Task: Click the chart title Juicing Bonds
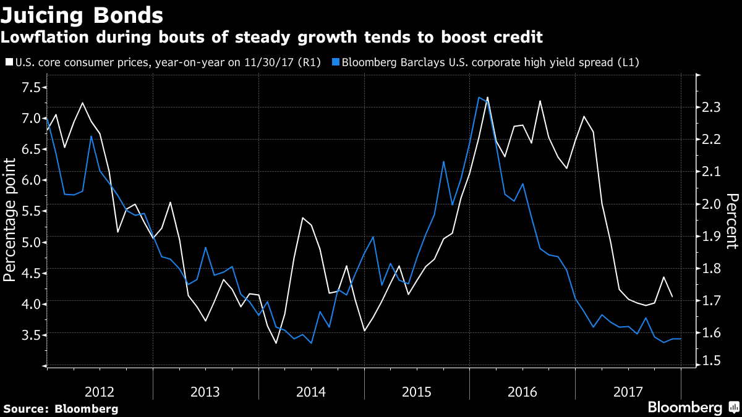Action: (x=82, y=14)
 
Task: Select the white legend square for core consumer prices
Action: (x=8, y=62)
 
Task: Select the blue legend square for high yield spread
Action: (x=335, y=62)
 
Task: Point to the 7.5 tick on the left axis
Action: (x=29, y=87)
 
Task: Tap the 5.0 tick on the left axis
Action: (x=29, y=242)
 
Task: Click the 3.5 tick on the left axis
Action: (x=29, y=334)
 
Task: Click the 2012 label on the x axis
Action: (x=100, y=391)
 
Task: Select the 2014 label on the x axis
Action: (x=311, y=391)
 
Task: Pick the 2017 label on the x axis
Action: (x=628, y=391)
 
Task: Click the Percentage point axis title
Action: (x=10, y=220)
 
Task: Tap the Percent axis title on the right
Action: (x=731, y=221)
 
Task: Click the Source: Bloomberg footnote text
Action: (x=61, y=408)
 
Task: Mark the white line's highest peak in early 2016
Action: (x=488, y=97)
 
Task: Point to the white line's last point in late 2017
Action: (x=672, y=297)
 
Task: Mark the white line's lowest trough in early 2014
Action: (x=276, y=343)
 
